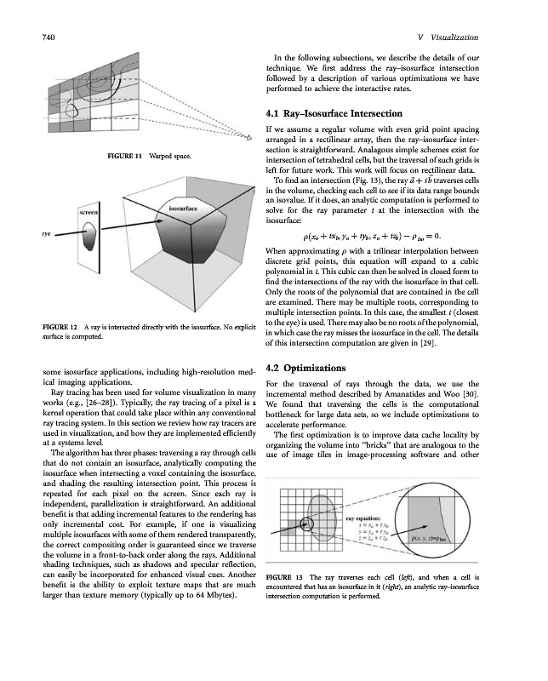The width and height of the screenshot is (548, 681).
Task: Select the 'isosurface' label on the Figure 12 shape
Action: pyautogui.click(x=184, y=208)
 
